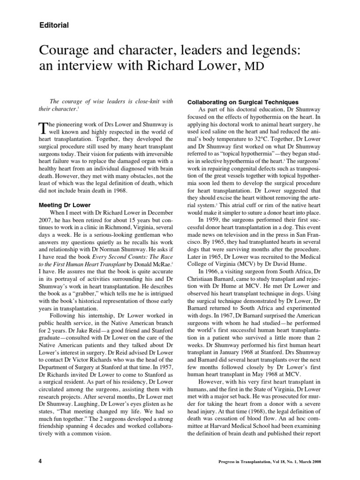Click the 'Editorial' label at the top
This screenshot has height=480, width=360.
pos(54,25)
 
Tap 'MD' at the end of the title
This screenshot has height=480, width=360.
pos(252,66)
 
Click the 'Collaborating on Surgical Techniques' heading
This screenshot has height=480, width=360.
pos(243,102)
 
